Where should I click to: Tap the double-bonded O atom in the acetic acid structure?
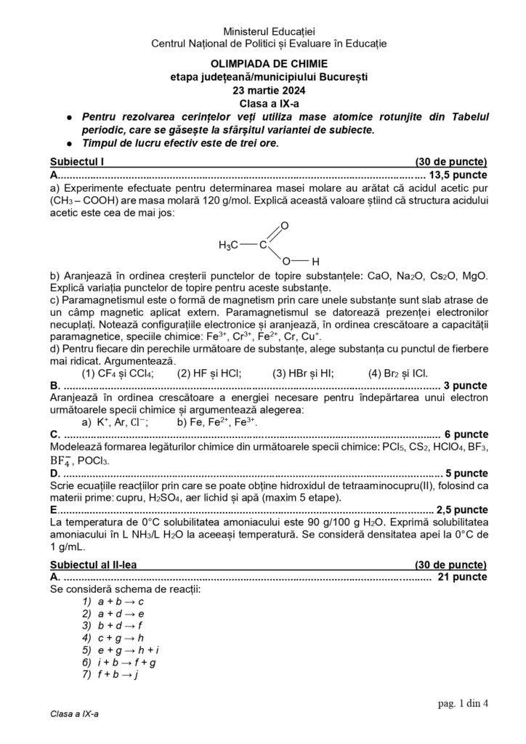click(x=285, y=226)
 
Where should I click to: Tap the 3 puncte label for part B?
click(x=466, y=386)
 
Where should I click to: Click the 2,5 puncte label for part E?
click(x=461, y=509)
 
